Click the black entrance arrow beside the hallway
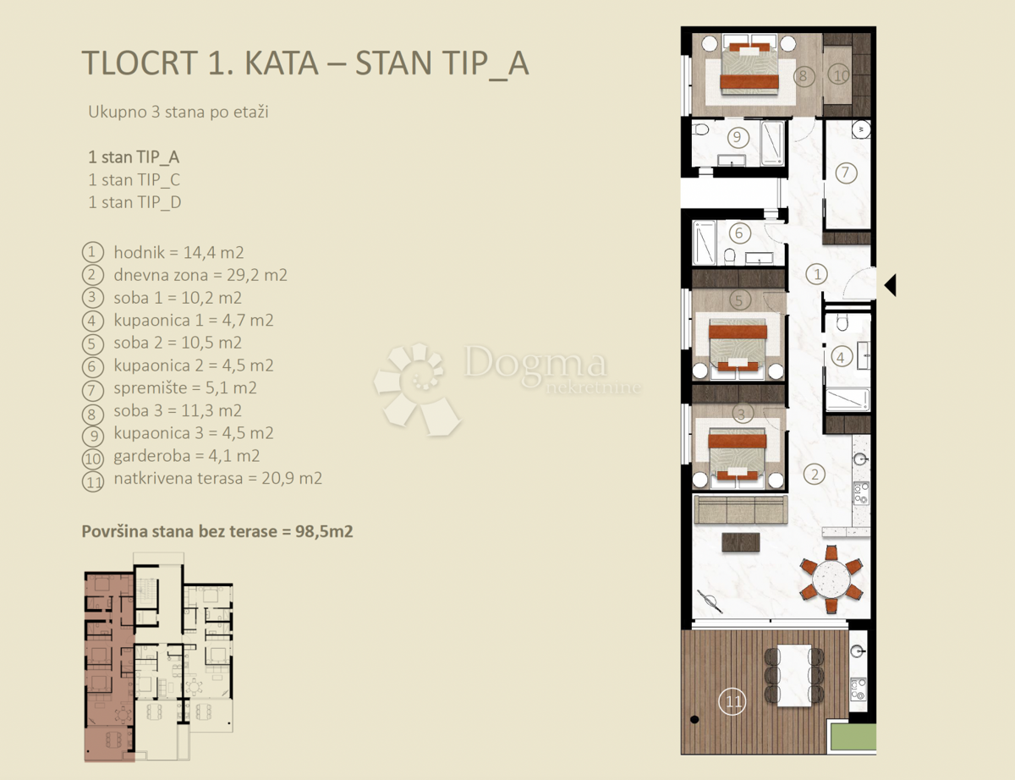889,285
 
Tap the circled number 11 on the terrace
732,701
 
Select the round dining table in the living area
831,580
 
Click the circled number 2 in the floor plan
815,474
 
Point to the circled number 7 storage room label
845,173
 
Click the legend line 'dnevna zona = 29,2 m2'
200,275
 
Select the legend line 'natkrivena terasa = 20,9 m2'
217,478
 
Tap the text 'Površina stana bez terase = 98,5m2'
217,531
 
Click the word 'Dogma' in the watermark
535,364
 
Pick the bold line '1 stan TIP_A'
134,157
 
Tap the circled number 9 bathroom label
736,135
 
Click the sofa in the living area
740,509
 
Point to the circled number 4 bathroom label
840,357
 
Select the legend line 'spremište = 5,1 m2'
184,388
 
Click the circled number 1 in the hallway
816,273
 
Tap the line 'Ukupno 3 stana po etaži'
178,112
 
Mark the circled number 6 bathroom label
738,233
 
